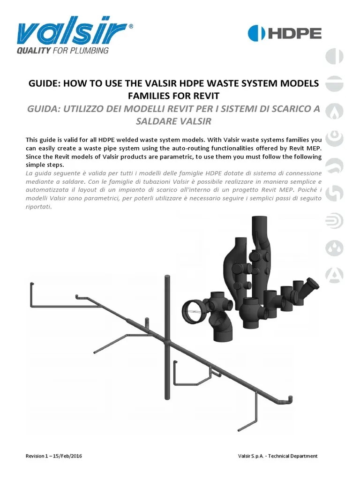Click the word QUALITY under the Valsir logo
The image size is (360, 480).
pyautogui.click(x=33, y=51)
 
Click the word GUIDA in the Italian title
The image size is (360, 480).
pyautogui.click(x=44, y=109)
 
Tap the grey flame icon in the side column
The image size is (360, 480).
pyautogui.click(x=335, y=111)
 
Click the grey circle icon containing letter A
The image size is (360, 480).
pyautogui.click(x=335, y=275)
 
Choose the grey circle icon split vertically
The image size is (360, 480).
pyautogui.click(x=335, y=56)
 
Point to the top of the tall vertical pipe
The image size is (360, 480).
pyautogui.click(x=167, y=278)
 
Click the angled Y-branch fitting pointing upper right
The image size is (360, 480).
pyautogui.click(x=310, y=285)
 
